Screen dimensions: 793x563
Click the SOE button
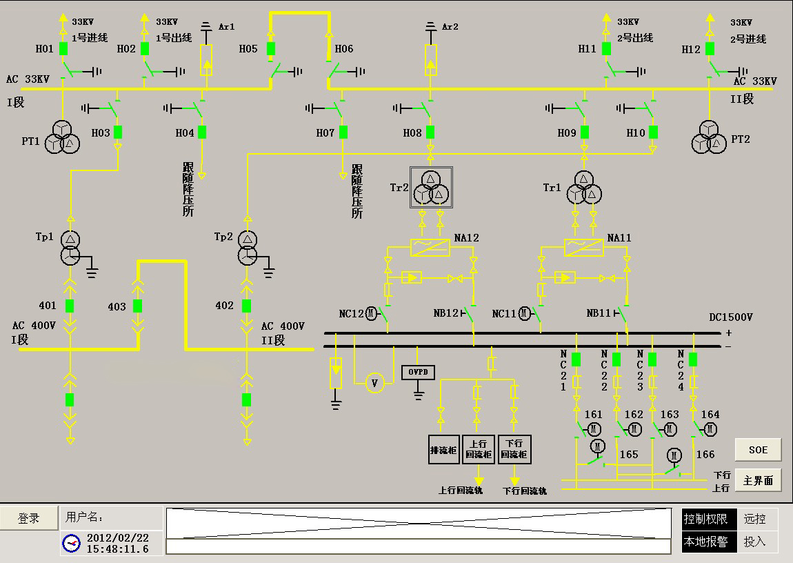tap(758, 450)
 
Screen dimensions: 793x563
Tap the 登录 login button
tap(29, 518)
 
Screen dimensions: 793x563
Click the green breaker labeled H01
tap(63, 48)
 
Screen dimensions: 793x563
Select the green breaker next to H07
tap(343, 132)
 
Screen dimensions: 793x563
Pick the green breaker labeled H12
tap(710, 48)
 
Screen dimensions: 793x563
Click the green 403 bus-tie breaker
tap(137, 306)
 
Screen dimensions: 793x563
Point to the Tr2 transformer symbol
tap(431, 188)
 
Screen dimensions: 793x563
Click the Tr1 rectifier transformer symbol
tap(584, 188)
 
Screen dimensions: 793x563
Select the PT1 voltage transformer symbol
tap(62, 137)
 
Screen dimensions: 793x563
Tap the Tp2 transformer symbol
tap(248, 248)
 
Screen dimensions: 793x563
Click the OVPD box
tap(418, 373)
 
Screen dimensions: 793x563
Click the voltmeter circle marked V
tap(374, 384)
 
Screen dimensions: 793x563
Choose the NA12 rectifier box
tap(430, 248)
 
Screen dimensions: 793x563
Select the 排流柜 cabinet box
tap(444, 450)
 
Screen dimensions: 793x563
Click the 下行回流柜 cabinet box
tap(514, 450)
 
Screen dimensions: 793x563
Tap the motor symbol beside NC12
tap(371, 314)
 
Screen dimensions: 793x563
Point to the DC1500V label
tap(731, 317)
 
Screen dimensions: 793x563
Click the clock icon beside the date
tap(71, 543)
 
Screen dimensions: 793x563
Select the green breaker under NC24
tap(693, 359)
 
